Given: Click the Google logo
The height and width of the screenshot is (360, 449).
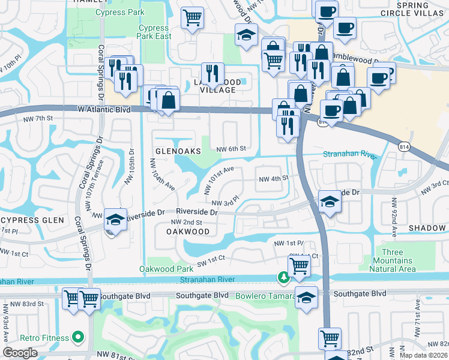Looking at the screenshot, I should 20,353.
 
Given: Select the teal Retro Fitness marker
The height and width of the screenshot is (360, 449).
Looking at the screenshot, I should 77,338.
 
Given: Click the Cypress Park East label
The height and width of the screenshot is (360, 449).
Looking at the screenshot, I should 154,32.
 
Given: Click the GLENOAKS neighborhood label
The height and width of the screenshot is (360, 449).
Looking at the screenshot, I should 178,152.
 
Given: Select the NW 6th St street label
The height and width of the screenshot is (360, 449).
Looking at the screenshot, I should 231,148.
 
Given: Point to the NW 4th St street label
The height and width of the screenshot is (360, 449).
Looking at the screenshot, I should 274,178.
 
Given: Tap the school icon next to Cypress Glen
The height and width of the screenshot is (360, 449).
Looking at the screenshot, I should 114,219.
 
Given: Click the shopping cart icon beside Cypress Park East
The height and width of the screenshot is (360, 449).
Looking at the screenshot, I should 193,18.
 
